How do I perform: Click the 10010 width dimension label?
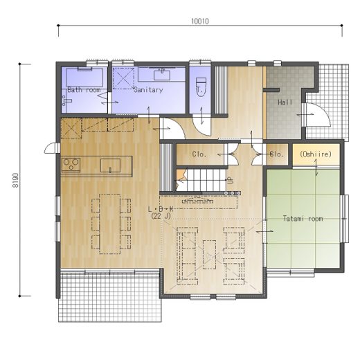200,21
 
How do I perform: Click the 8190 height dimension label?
15,180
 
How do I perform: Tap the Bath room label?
84,89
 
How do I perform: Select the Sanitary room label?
148,89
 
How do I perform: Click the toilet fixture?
201,87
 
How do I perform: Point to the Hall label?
285,102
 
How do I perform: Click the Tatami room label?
303,218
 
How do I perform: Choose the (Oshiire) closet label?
316,154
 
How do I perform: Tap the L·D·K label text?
161,209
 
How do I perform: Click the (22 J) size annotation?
161,216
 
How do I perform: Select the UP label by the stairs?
230,180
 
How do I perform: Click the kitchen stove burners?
71,165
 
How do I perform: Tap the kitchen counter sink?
110,165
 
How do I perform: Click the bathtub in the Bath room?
84,77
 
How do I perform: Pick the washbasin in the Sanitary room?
162,75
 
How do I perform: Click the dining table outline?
110,224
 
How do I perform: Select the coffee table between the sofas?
209,255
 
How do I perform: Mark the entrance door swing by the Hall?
317,115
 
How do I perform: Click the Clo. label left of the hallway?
199,154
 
